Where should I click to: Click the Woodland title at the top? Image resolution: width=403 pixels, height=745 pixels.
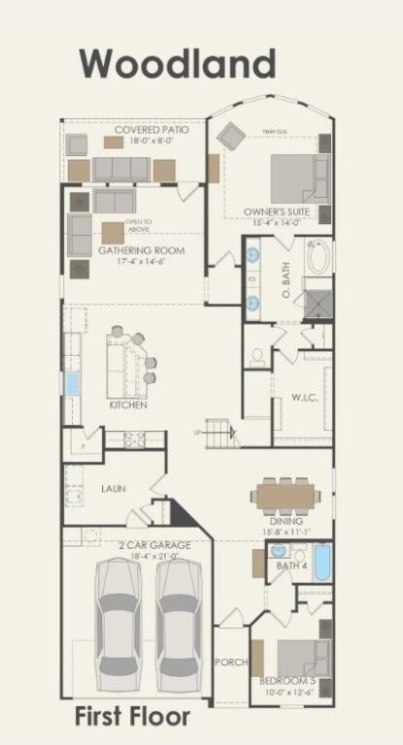coord(178,64)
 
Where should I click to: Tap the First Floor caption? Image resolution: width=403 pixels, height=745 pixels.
coord(132,717)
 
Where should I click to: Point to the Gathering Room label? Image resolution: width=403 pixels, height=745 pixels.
coord(141,250)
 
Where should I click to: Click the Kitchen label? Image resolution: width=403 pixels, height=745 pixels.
coord(127,404)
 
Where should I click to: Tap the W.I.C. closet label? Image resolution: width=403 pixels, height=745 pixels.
coord(305,398)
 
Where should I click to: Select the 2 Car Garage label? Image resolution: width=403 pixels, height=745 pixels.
coord(142,545)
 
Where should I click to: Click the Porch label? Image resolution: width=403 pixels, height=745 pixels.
coord(230,663)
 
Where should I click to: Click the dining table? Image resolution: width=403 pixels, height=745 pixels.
coord(286,495)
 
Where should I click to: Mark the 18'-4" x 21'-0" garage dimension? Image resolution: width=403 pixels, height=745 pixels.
coord(142,556)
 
